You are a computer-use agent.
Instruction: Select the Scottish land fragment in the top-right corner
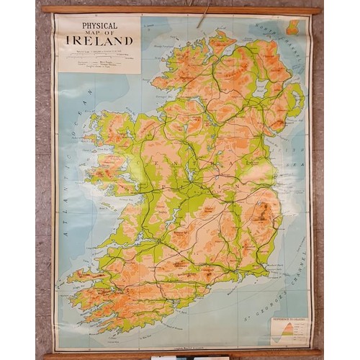point(293,27)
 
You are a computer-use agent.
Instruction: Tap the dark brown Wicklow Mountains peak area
point(264,211)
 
